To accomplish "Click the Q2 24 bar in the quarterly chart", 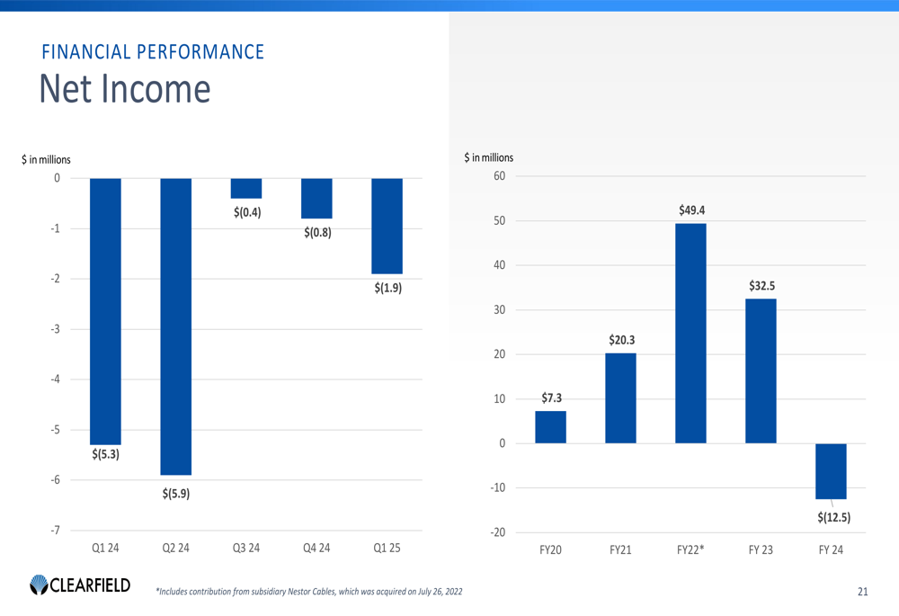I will click(x=176, y=326).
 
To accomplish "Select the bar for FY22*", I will click(x=690, y=333).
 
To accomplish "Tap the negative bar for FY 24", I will click(x=831, y=470).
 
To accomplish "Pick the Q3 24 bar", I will click(x=246, y=188).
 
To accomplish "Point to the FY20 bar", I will click(x=550, y=427).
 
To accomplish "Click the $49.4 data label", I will click(x=691, y=210).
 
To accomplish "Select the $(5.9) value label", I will click(x=176, y=494).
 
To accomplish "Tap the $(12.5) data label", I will click(x=834, y=517).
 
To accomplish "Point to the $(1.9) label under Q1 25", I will click(x=387, y=289).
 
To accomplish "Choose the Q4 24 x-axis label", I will click(x=316, y=548).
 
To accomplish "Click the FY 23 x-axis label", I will click(x=761, y=549).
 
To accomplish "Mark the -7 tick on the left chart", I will click(x=56, y=531).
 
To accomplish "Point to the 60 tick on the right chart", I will click(x=498, y=176).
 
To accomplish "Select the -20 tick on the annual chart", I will click(x=496, y=532).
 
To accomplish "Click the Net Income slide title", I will click(x=125, y=90).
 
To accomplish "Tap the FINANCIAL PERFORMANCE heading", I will click(x=153, y=51).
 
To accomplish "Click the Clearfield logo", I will click(x=80, y=585).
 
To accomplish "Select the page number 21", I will click(x=863, y=592).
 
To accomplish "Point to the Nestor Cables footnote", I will click(x=310, y=592).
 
